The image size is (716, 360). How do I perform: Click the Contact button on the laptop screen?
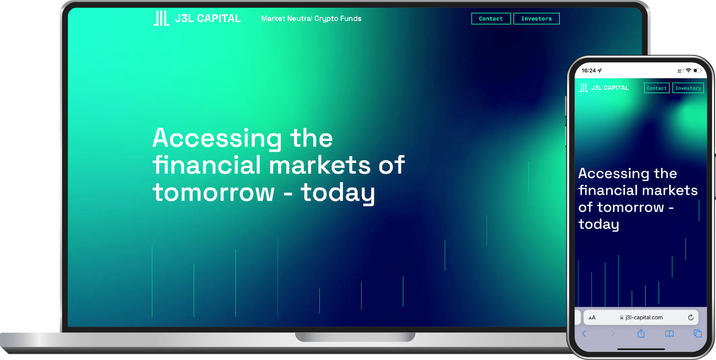click(x=491, y=19)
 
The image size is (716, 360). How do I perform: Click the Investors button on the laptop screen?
click(x=536, y=19)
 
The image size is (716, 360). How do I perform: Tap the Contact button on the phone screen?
click(x=656, y=88)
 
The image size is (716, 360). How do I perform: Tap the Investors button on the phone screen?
click(x=688, y=88)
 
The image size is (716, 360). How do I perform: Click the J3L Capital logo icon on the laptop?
click(x=161, y=18)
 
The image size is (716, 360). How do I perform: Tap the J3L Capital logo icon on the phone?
click(x=584, y=88)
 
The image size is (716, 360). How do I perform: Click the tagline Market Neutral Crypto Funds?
click(x=311, y=19)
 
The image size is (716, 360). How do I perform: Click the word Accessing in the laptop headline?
click(x=217, y=138)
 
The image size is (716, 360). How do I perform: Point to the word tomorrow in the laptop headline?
click(x=213, y=193)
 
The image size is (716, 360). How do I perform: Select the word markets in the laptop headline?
click(x=320, y=165)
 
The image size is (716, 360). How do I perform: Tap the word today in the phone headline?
click(x=598, y=224)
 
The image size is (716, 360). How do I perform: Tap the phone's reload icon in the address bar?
click(x=690, y=317)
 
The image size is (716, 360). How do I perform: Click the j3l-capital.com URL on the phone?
click(x=644, y=317)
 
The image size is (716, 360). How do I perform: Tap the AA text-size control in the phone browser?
click(x=592, y=318)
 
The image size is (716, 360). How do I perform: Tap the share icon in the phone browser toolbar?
click(x=641, y=334)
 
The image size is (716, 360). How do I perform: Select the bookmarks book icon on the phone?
click(x=669, y=334)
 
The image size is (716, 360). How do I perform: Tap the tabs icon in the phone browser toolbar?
click(x=697, y=334)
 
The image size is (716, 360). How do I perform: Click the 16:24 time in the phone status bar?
click(x=588, y=71)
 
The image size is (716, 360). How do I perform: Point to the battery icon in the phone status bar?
click(x=697, y=71)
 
